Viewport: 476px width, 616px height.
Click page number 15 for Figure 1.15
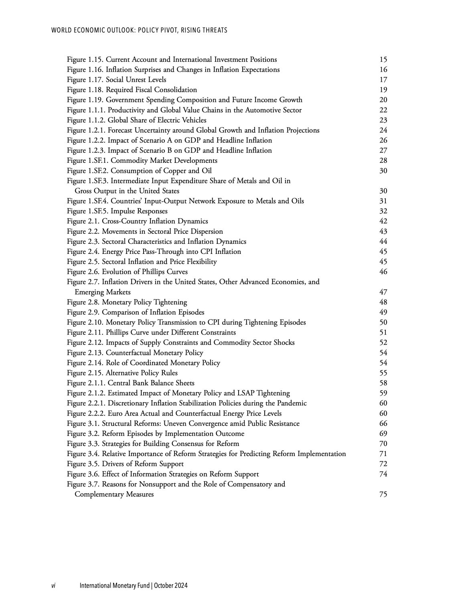point(383,59)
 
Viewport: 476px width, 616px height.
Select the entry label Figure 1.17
point(85,79)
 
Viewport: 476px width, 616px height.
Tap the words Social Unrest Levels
point(136,79)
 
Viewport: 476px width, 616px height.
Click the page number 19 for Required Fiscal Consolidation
point(383,90)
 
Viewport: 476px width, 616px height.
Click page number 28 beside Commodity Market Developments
point(383,160)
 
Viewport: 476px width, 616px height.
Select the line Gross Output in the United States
point(127,191)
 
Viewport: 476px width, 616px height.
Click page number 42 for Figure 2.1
point(383,221)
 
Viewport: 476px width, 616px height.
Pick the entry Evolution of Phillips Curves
point(145,272)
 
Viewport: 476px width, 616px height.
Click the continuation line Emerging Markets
point(103,292)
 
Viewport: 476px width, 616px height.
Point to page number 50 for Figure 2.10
point(383,322)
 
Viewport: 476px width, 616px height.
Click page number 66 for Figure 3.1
point(383,423)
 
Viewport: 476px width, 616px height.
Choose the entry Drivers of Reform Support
point(143,464)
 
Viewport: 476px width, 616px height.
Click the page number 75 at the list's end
point(383,494)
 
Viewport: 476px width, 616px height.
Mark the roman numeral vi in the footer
point(53,586)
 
